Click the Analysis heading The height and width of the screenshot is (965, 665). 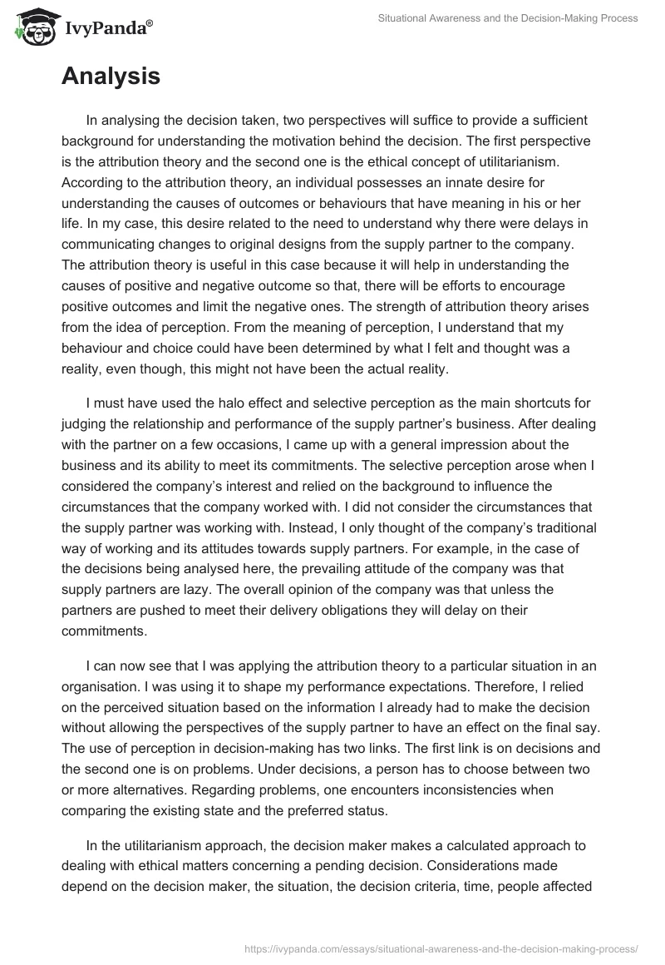click(111, 77)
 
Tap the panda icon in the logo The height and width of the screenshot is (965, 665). click(32, 29)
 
